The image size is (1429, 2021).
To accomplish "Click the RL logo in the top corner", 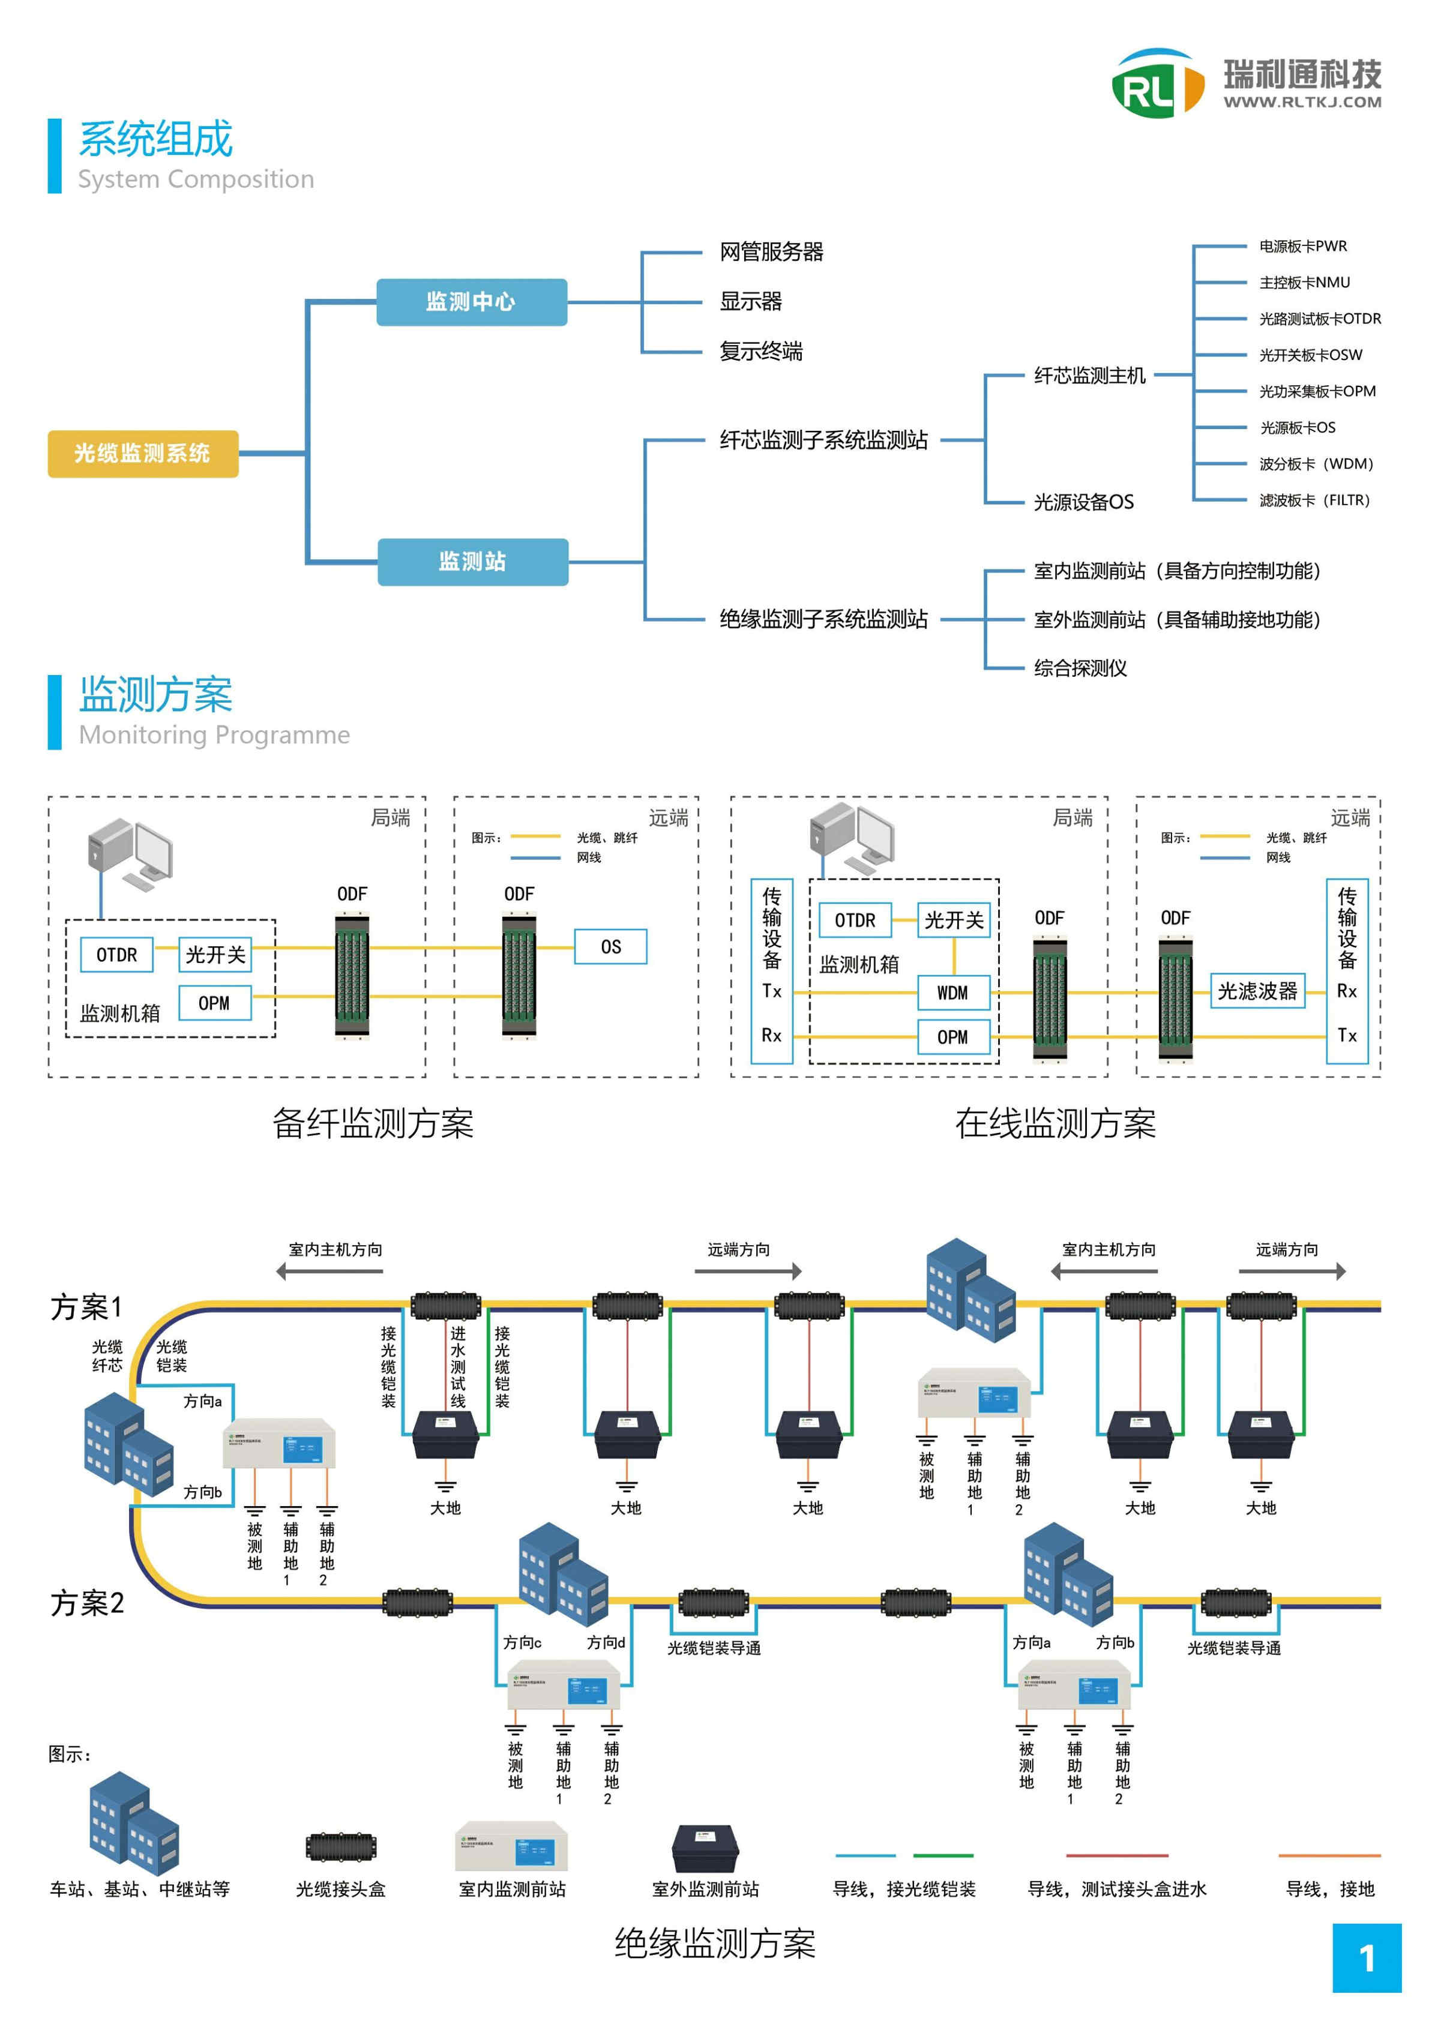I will pos(1156,83).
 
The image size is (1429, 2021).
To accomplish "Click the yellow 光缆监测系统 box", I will pos(143,453).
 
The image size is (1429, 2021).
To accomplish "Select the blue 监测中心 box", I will pos(471,302).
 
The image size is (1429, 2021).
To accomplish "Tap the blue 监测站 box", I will pos(473,562).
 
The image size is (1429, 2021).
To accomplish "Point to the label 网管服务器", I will pos(771,253).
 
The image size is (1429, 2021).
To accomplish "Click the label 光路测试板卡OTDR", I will pos(1319,319).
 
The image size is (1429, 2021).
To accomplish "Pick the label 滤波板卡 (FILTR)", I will pos(1314,500).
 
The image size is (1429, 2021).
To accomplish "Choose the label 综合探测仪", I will pos(1080,668).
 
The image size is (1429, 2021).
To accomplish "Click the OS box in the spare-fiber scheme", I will pos(610,947).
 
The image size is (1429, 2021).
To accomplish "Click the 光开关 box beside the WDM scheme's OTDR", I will pos(954,920).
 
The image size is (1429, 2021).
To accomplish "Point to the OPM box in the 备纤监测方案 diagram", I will pos(214,1003).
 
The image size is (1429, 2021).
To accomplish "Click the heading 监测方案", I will pos(156,695).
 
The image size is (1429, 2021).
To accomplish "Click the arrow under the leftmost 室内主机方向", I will pos(329,1271).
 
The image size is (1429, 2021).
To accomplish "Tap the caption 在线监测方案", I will pos(1055,1124).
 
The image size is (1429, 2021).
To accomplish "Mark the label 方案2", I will pos(87,1603).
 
